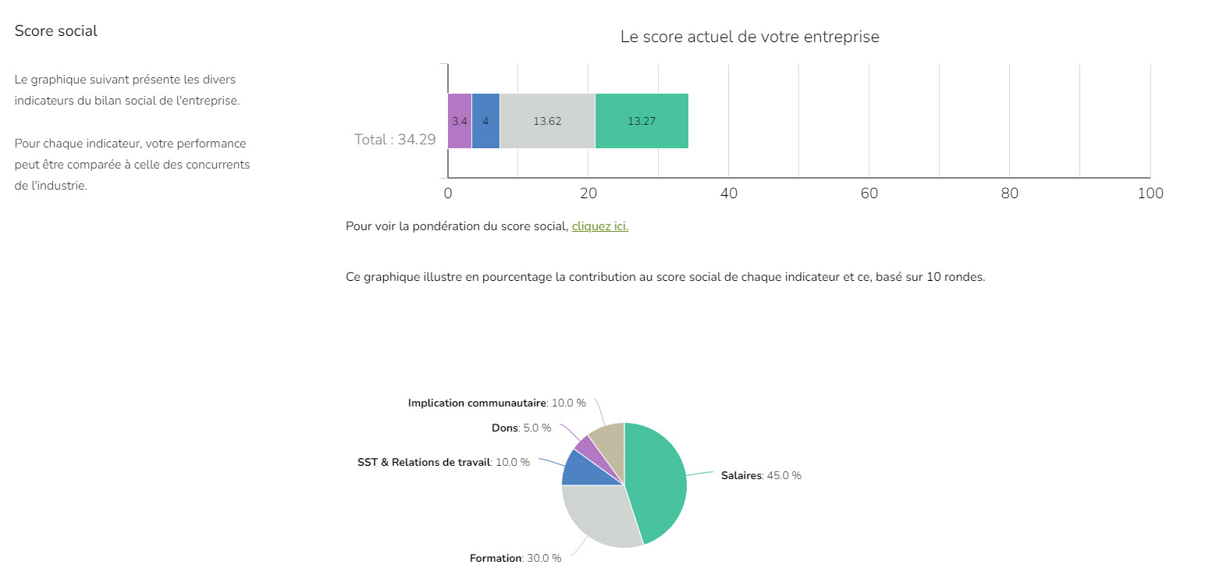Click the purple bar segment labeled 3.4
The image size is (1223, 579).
click(460, 121)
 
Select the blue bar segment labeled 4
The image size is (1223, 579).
click(485, 121)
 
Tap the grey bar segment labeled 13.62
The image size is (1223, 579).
click(547, 121)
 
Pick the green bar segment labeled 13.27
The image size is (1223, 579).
click(642, 121)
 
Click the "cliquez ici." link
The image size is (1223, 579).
click(599, 226)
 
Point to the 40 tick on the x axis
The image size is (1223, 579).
click(729, 194)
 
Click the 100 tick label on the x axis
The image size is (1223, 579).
click(1150, 194)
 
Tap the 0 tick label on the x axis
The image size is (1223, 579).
click(448, 194)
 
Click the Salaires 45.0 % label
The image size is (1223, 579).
click(761, 475)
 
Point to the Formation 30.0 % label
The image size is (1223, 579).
click(515, 558)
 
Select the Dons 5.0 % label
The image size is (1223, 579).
click(521, 428)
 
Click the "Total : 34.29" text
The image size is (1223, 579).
click(395, 140)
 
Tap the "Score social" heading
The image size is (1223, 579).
click(56, 31)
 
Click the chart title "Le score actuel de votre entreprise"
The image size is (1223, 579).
click(749, 37)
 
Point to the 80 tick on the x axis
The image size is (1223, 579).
click(1010, 194)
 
